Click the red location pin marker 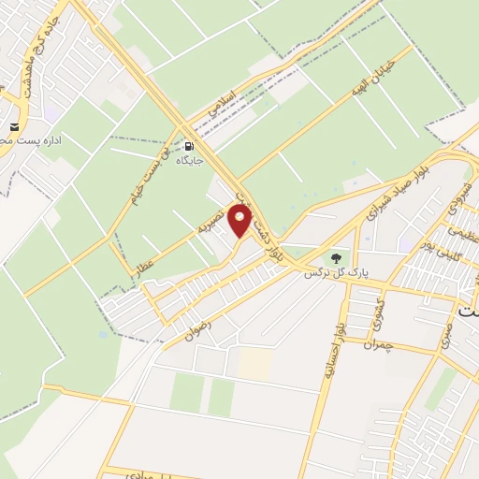click(241, 223)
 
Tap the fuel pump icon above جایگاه click(191, 147)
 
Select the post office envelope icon click(14, 127)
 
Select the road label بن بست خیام click(154, 176)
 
